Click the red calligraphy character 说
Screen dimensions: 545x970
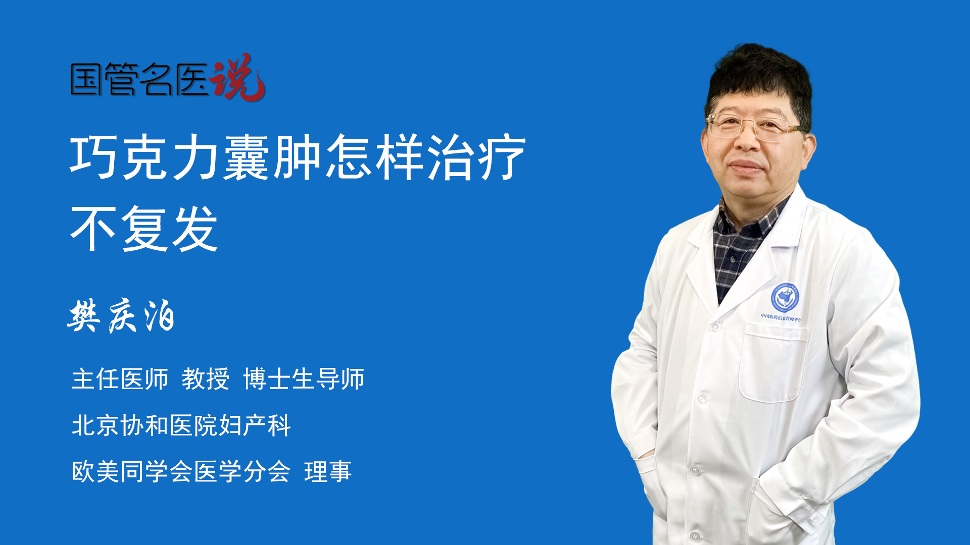237,78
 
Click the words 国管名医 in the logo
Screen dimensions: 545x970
139,80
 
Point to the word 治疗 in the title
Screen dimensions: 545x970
476,157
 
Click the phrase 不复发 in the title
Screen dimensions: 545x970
144,228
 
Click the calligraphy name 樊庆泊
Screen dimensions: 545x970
121,316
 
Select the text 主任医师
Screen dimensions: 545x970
120,379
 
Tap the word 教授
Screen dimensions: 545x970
205,379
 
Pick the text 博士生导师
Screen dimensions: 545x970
304,379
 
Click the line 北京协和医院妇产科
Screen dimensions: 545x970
181,425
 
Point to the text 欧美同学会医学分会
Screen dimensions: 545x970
181,472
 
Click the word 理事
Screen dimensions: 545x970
327,472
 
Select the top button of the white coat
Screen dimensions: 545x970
714,326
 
